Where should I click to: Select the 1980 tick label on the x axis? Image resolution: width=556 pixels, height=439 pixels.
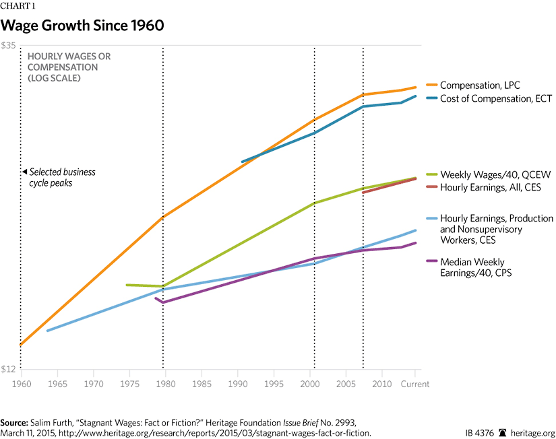pyautogui.click(x=163, y=384)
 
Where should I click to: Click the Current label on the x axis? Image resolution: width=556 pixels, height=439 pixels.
pyautogui.click(x=414, y=384)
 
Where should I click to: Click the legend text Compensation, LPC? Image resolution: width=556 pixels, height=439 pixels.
pyautogui.click(x=480, y=86)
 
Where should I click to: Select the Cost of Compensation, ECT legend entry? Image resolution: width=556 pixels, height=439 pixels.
pyautogui.click(x=495, y=98)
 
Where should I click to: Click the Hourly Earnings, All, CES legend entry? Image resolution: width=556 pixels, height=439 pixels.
pyautogui.click(x=490, y=187)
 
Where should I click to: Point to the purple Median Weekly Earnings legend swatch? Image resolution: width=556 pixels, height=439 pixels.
pyautogui.click(x=431, y=262)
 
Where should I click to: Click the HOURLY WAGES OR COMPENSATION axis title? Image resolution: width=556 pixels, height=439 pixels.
pyautogui.click(x=69, y=67)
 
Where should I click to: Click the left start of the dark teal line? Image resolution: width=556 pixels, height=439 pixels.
pyautogui.click(x=242, y=162)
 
